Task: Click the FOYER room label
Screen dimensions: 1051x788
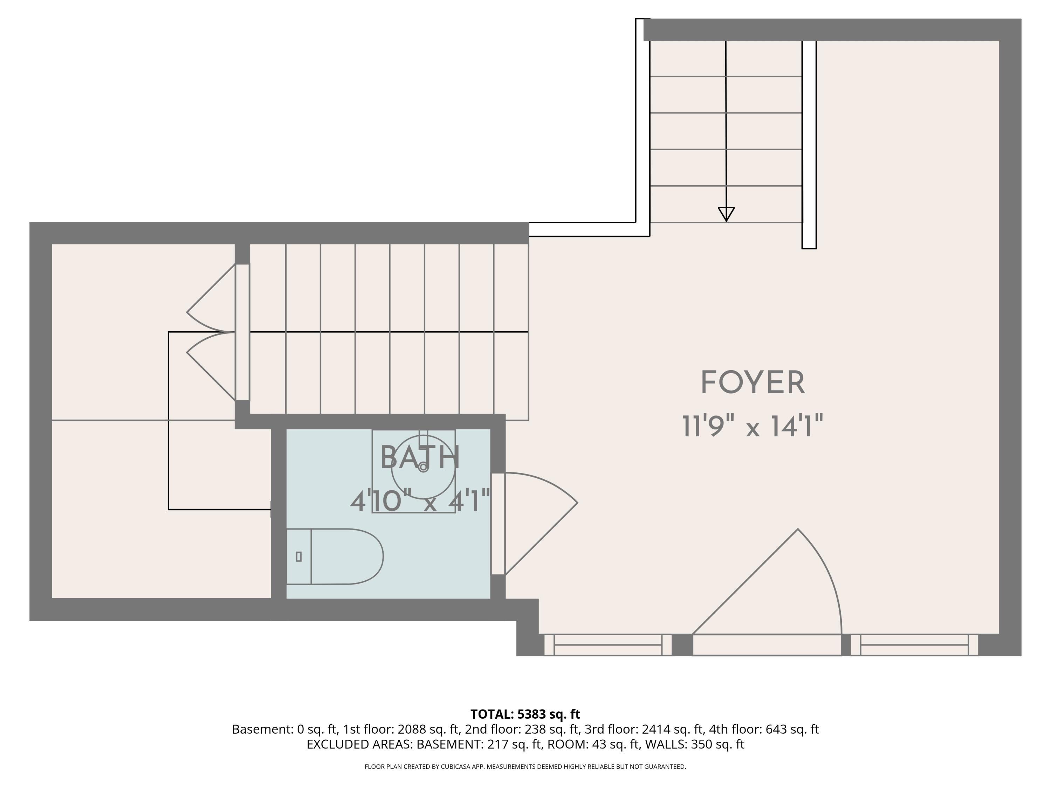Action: click(753, 383)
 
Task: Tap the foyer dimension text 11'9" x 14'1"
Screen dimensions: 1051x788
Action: click(753, 426)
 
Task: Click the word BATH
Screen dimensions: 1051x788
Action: click(420, 457)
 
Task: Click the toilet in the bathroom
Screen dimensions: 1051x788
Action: click(335, 556)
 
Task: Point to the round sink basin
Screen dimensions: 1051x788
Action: click(423, 468)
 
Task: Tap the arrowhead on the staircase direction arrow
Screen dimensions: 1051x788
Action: click(726, 214)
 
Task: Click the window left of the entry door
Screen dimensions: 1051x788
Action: click(608, 644)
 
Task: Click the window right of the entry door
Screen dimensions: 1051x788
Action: click(914, 644)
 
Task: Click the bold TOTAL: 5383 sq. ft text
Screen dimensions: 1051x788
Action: click(525, 714)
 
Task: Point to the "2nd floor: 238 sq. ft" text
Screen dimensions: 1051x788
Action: click(522, 729)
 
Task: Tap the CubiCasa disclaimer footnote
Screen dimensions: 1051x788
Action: click(525, 767)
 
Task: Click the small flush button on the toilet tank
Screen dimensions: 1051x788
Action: click(298, 556)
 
